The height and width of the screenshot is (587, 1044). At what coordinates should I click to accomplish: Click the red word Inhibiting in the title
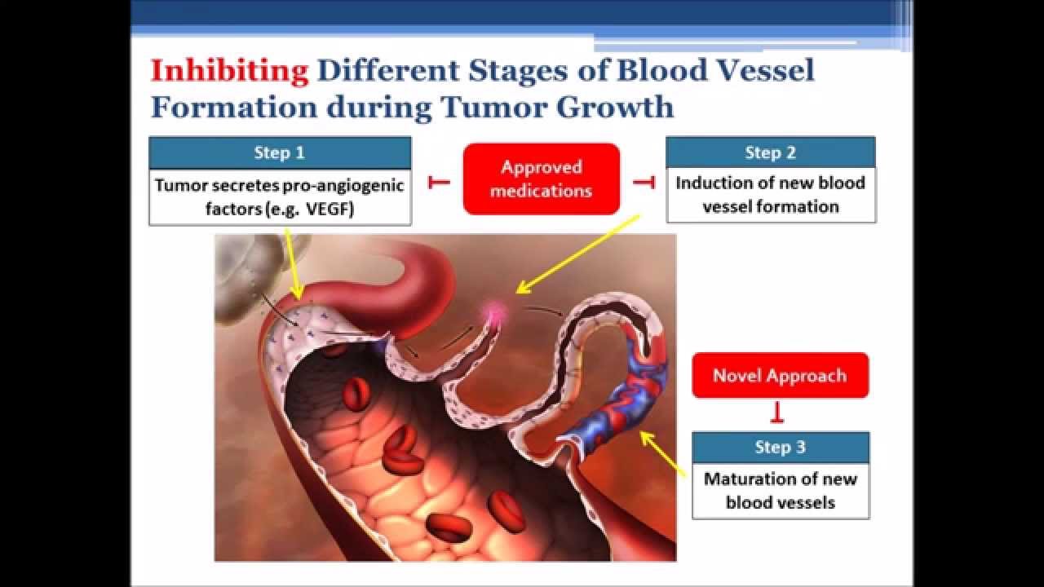pos(229,71)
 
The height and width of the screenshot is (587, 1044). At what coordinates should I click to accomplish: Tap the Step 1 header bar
pos(280,152)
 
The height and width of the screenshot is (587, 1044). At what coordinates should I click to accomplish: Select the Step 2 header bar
pos(771,152)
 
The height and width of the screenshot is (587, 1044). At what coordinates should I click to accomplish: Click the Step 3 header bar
pos(781,448)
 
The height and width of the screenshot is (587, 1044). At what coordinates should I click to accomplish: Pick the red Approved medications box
pos(541,179)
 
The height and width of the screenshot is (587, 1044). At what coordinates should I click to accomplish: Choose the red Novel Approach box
pos(781,376)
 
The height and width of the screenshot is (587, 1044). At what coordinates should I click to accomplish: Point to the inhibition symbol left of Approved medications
pos(439,182)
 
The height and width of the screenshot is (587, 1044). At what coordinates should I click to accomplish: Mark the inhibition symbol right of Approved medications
pos(644,182)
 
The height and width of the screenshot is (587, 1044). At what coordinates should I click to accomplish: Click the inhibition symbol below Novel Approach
pos(777,413)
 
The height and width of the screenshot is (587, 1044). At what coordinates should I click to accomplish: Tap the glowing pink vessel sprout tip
pos(494,311)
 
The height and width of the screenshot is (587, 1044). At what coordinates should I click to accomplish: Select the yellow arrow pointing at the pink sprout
pos(578,254)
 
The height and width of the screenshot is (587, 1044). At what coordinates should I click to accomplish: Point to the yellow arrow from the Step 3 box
pos(663,454)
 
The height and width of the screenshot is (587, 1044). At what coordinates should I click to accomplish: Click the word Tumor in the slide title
pos(494,107)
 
